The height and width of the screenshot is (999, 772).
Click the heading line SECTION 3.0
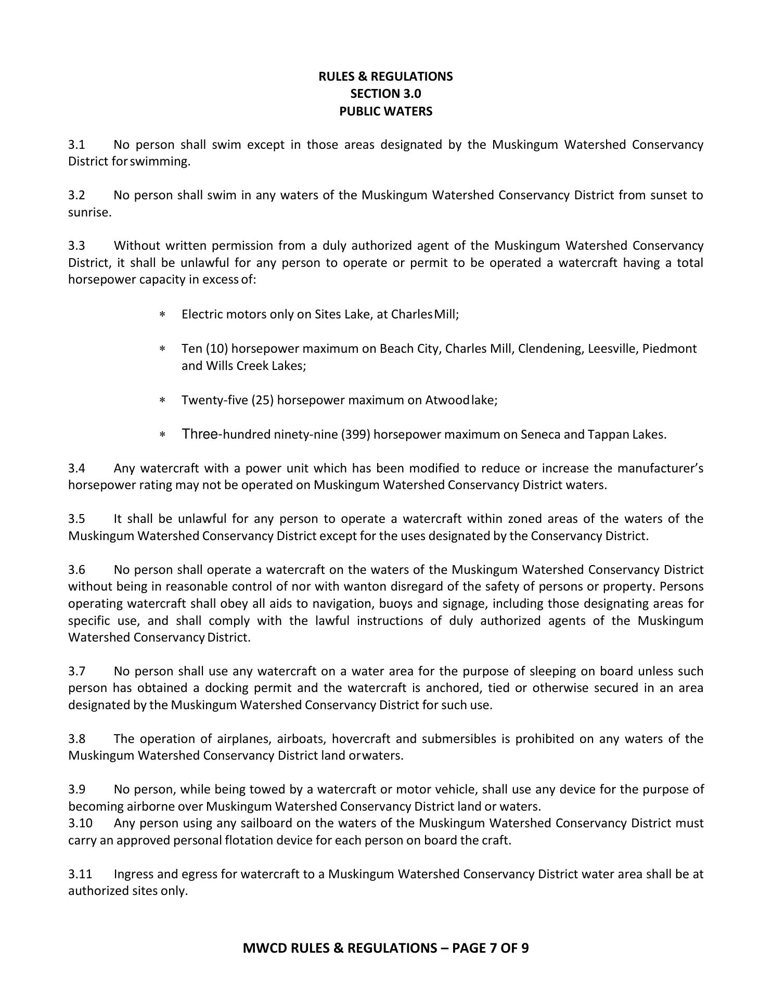(x=385, y=94)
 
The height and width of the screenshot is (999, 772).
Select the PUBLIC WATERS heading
(x=385, y=111)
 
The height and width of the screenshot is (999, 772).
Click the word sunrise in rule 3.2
(x=89, y=213)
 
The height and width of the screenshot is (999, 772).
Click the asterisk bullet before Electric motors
(x=162, y=315)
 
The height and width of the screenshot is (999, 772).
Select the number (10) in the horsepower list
(x=217, y=349)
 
